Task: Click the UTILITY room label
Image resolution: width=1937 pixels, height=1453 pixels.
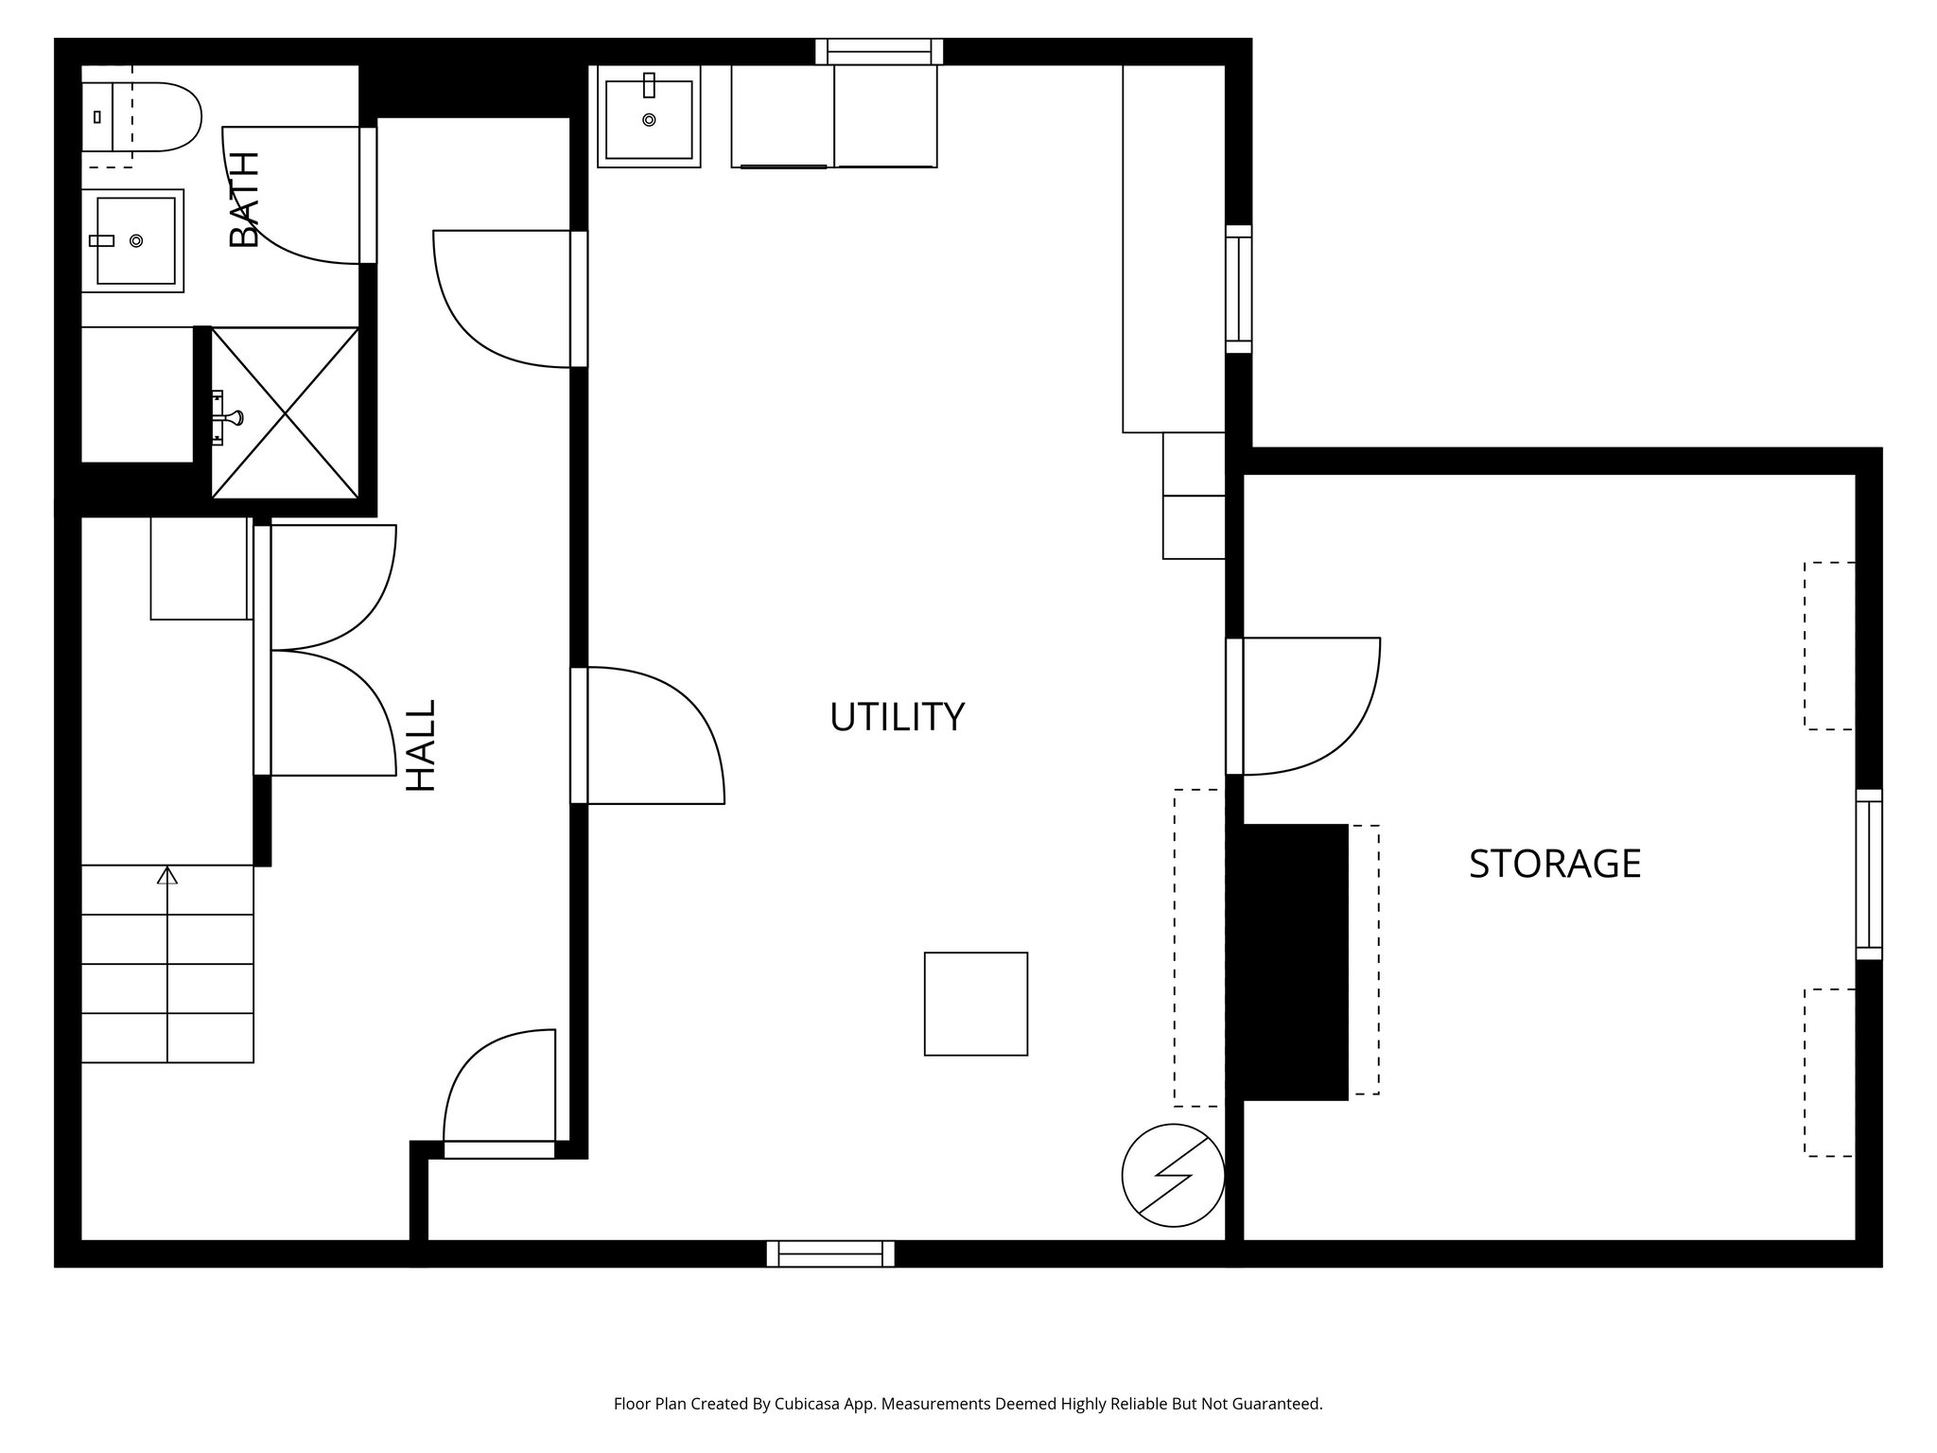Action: (897, 717)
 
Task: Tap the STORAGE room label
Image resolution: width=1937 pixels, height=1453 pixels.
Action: (1554, 864)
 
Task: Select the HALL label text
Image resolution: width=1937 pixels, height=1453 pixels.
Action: (421, 745)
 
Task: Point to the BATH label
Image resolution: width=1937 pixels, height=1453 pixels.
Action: (245, 200)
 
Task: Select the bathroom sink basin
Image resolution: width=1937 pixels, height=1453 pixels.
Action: (136, 240)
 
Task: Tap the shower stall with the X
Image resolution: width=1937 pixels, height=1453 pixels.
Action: (285, 412)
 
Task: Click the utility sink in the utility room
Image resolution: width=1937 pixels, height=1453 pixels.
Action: (649, 118)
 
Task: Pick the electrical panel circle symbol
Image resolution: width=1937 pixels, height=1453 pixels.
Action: (1173, 1175)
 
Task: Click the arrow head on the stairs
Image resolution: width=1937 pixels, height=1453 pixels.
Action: (167, 875)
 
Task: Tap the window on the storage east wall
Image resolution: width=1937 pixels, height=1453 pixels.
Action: (1868, 874)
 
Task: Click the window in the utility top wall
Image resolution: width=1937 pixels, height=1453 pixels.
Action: (880, 51)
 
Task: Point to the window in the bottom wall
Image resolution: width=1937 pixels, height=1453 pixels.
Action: (830, 1253)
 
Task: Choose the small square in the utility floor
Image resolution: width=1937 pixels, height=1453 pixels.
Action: (975, 1004)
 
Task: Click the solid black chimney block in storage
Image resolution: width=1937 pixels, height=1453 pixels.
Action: (1288, 962)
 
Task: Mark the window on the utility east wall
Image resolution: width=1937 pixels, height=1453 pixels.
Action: (1238, 289)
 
